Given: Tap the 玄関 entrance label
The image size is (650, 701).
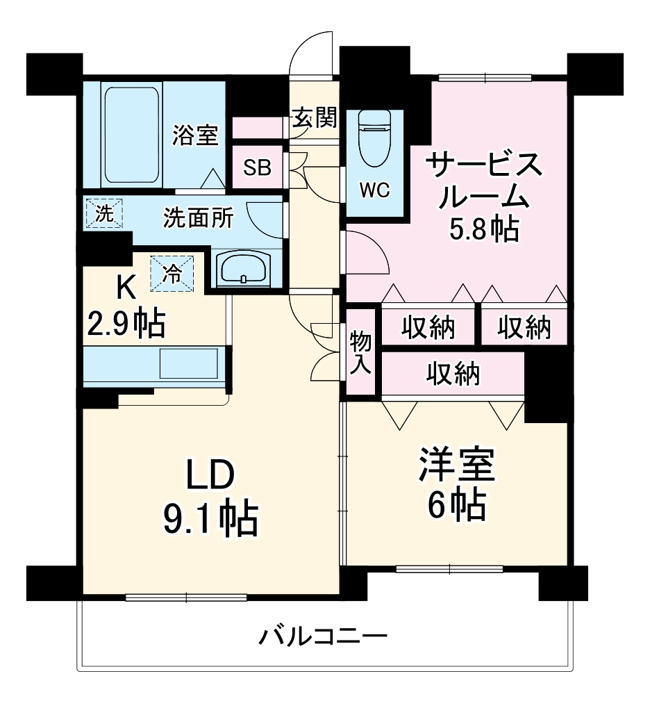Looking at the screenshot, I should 313,118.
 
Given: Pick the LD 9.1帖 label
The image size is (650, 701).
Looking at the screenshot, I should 210,497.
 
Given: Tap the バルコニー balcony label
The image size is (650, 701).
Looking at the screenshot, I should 324,635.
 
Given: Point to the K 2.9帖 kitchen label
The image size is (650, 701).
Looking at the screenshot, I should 125,306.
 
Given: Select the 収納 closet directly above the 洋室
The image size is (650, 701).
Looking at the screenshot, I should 453,374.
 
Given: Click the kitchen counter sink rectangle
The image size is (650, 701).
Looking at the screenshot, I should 188,363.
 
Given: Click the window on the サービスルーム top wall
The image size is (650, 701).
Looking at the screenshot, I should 485,78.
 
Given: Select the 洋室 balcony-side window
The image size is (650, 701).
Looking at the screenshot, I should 449,570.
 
